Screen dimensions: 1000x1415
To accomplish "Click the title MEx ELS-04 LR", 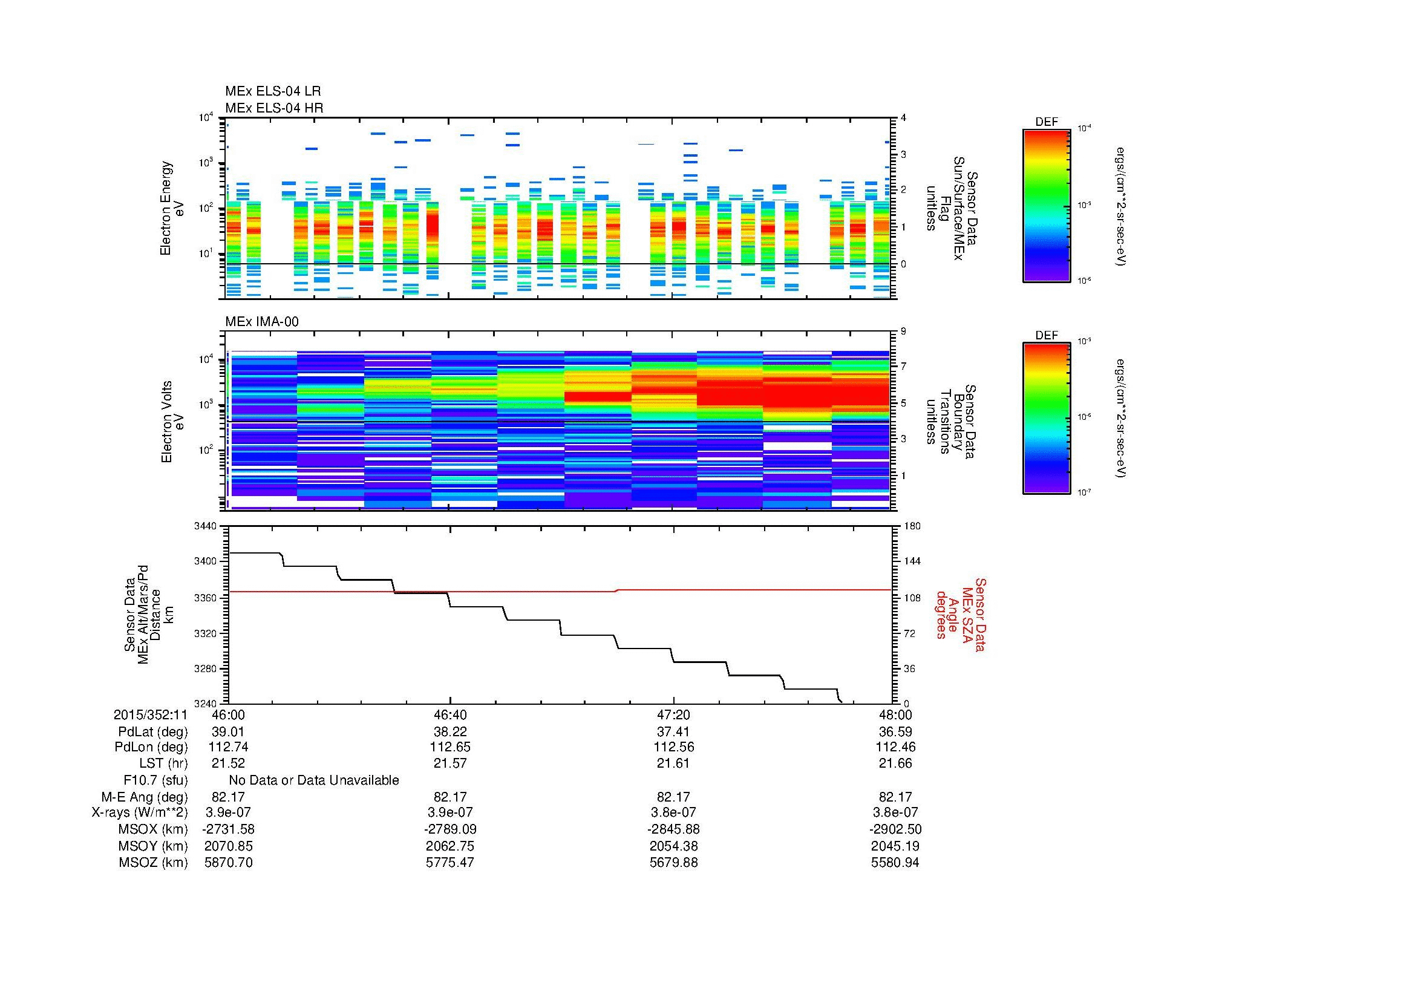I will [x=272, y=92].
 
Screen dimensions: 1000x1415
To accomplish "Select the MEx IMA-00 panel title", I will [x=262, y=322].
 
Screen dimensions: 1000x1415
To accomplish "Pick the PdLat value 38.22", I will [x=451, y=731].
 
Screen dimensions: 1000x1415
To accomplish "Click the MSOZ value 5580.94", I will [x=895, y=863].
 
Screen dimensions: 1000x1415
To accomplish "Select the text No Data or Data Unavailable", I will [x=314, y=780].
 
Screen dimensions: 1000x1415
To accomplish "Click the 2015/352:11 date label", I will [x=151, y=714].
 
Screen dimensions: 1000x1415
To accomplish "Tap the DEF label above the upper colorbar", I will [x=1047, y=122].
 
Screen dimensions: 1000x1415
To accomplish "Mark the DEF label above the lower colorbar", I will [x=1047, y=335].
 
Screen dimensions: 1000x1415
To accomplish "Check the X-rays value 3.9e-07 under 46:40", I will [x=451, y=812].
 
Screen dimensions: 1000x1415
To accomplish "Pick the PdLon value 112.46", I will [x=895, y=747].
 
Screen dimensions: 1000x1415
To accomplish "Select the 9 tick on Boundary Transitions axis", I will [x=903, y=331].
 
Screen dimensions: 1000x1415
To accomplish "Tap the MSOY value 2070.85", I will [x=228, y=846].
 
